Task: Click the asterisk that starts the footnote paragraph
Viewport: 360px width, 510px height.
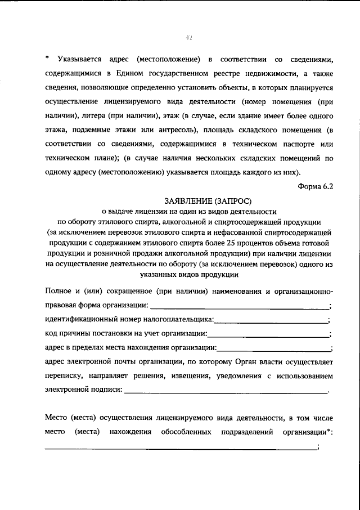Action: [x=47, y=59]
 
